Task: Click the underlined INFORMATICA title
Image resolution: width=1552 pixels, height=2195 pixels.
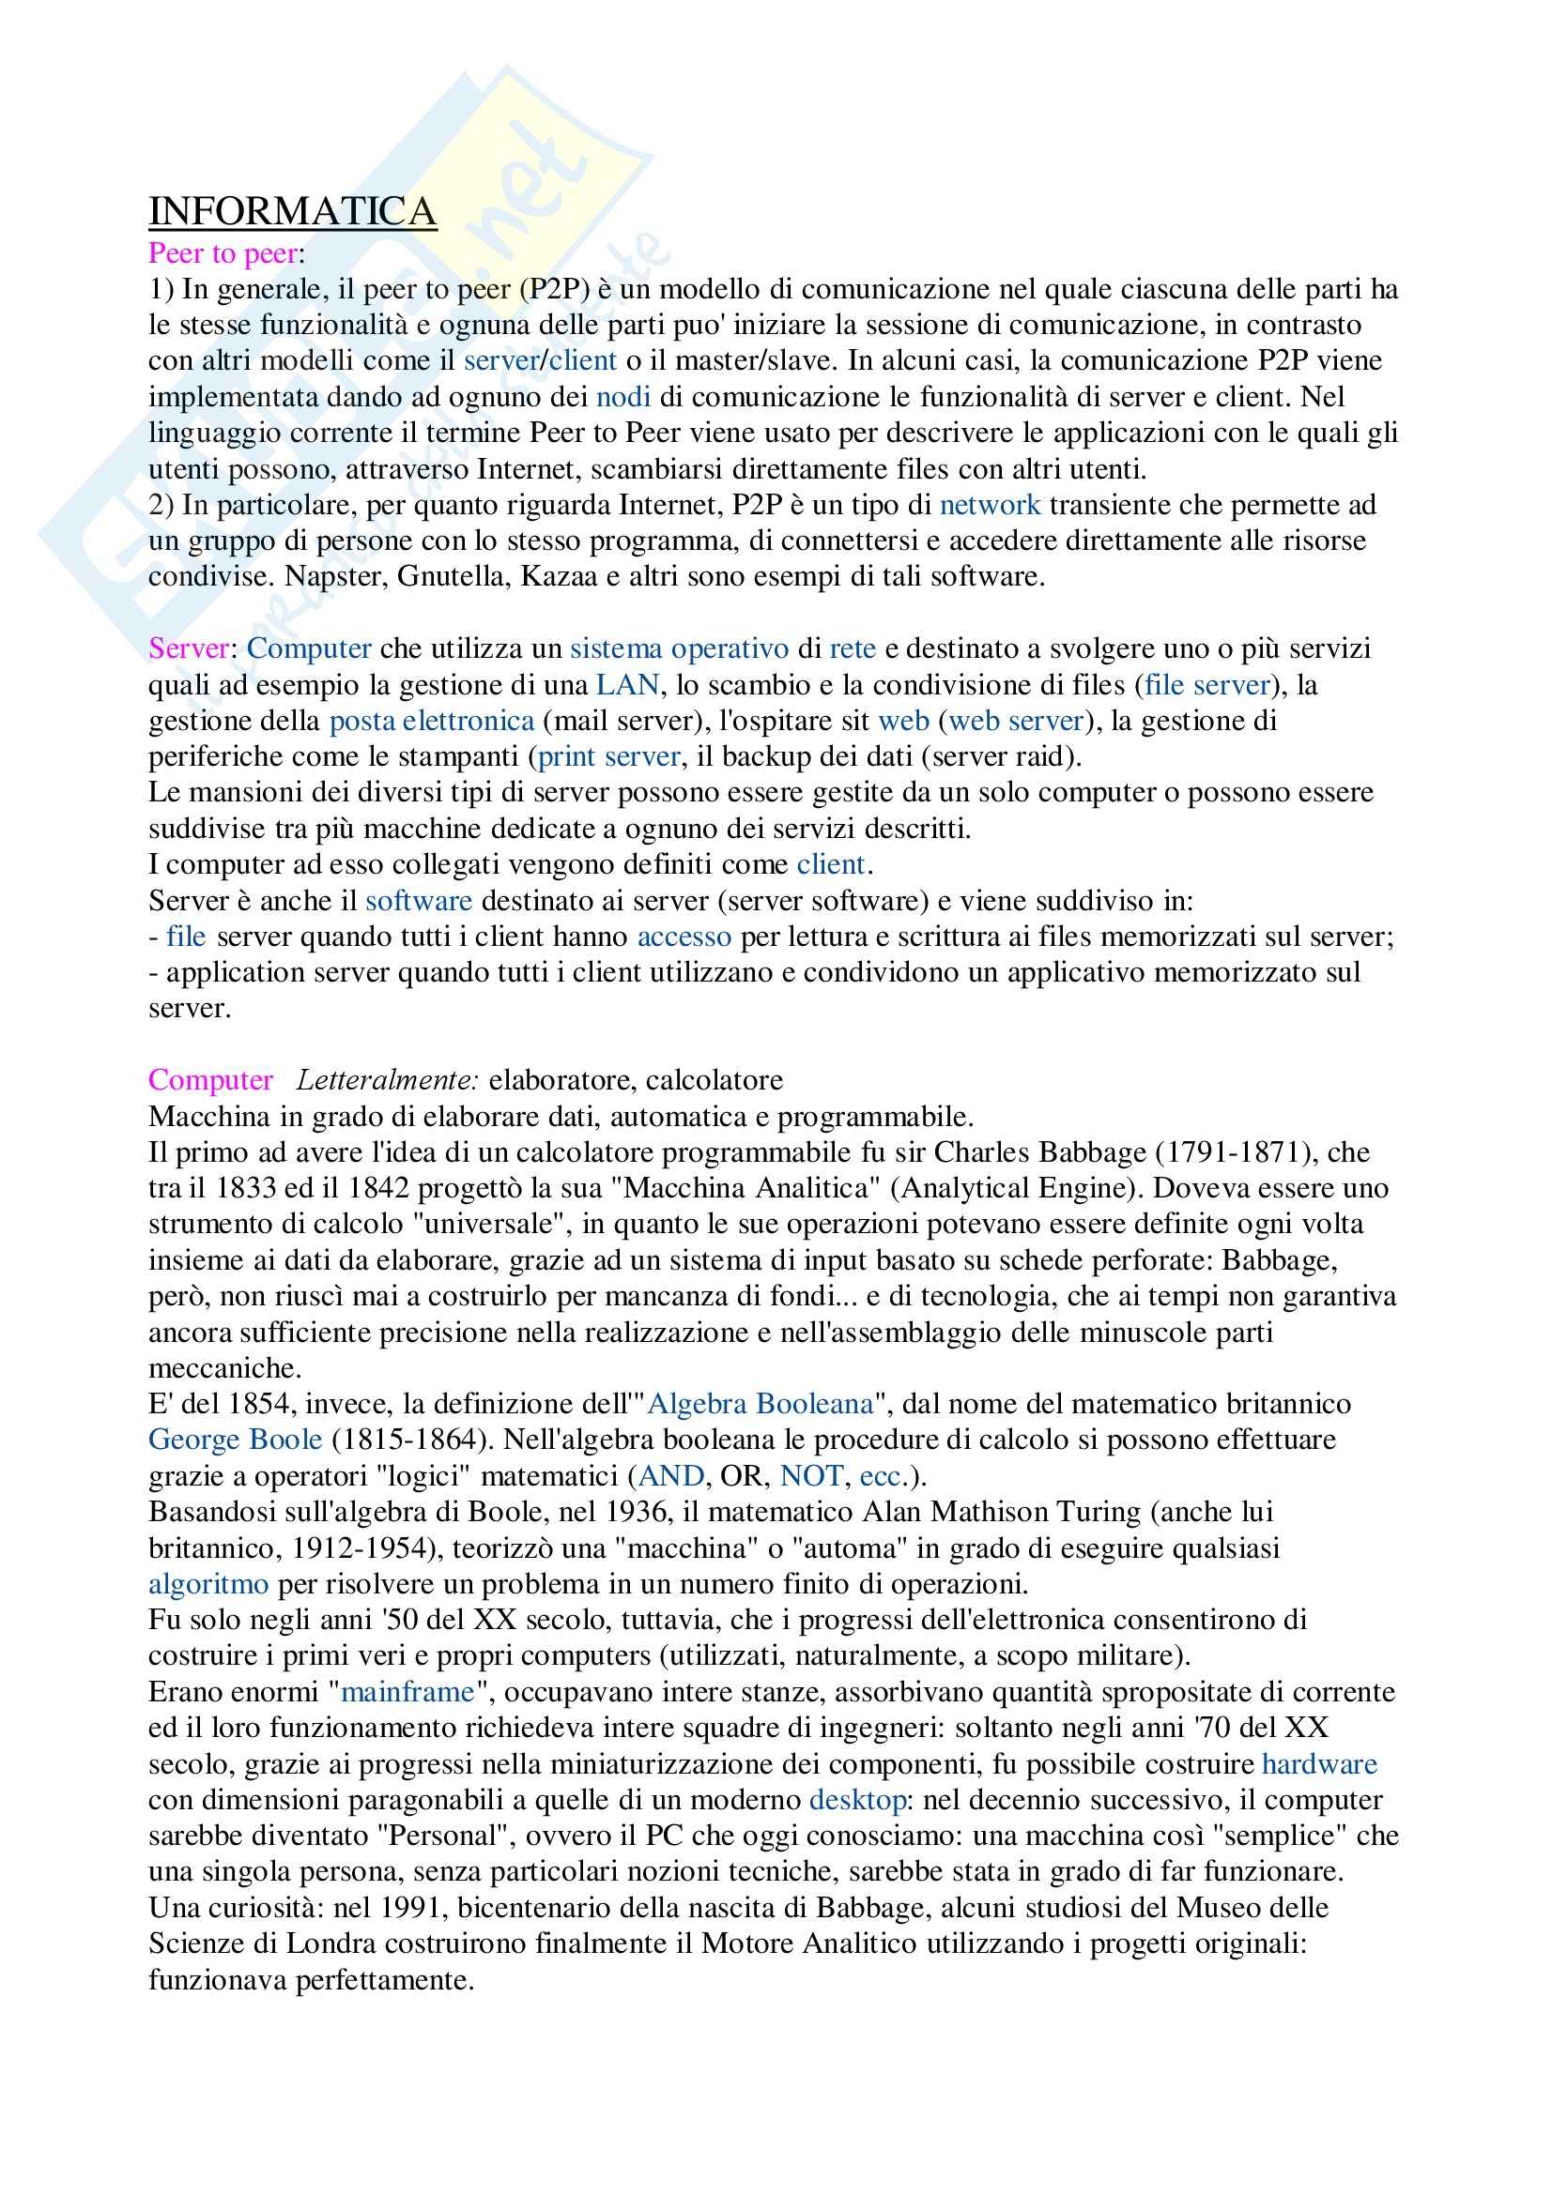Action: (x=292, y=211)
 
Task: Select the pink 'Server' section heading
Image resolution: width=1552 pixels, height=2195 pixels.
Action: (x=189, y=648)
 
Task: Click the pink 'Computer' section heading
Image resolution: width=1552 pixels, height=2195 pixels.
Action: (x=210, y=1079)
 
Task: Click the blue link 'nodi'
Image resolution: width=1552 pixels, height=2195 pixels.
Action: (x=623, y=397)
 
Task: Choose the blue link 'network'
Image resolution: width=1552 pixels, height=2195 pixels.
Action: (x=990, y=505)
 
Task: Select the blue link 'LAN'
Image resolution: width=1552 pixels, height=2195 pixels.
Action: (x=627, y=684)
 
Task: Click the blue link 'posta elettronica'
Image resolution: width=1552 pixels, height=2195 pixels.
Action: (x=431, y=720)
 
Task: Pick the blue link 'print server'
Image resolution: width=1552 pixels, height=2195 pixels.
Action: (x=609, y=756)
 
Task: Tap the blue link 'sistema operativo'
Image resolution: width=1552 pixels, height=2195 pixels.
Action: (x=679, y=648)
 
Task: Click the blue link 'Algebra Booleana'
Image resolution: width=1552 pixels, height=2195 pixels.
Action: (x=761, y=1403)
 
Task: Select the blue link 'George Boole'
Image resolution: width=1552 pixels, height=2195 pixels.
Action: (x=236, y=1439)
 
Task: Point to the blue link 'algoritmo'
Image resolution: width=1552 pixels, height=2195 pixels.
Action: (x=208, y=1584)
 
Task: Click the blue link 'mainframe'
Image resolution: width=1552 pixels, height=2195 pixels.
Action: (x=407, y=1692)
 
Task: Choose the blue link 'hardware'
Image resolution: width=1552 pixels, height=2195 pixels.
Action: (x=1320, y=1764)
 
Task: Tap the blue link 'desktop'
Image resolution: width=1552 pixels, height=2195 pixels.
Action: (x=858, y=1800)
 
